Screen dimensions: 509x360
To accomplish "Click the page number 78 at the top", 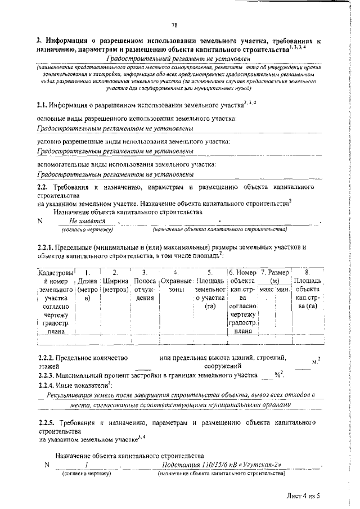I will click(x=175, y=24).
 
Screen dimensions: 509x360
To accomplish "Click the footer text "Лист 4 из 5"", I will click(x=301, y=496).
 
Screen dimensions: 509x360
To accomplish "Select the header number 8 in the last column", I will click(x=307, y=272).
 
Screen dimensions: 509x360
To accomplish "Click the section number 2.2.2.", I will click(x=48, y=357).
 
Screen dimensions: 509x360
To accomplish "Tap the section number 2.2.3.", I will click(x=48, y=375).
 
